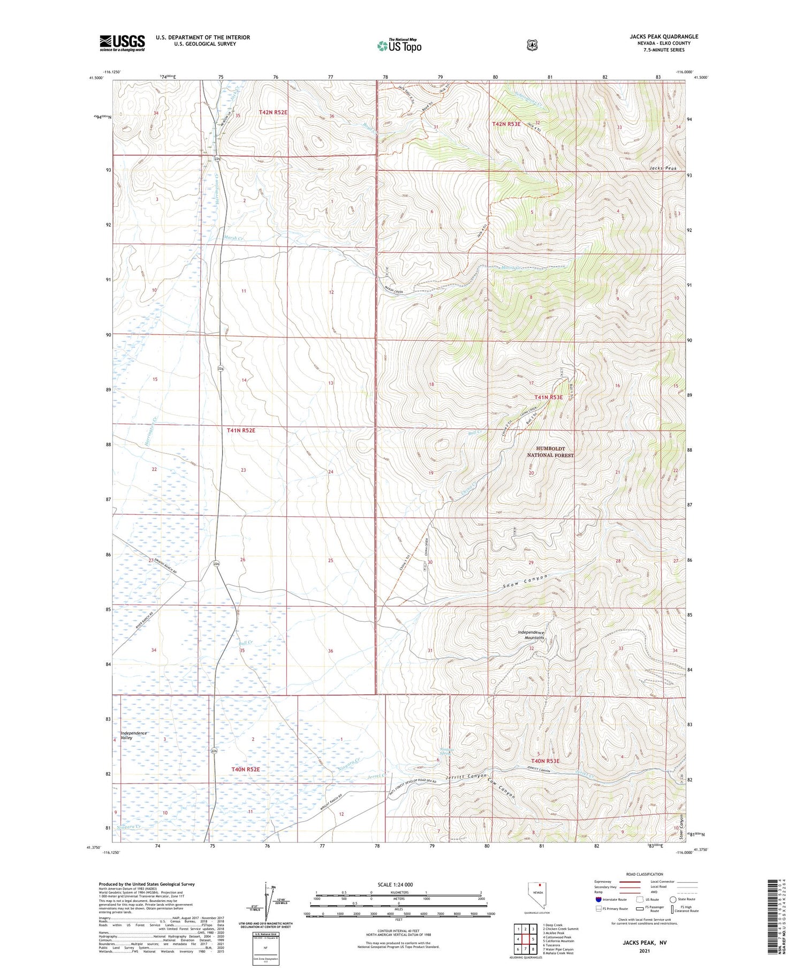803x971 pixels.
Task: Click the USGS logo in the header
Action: (x=122, y=43)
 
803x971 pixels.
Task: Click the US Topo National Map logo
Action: (x=399, y=46)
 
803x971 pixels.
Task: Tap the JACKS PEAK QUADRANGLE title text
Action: (x=664, y=36)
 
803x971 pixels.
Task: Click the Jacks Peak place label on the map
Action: (x=663, y=168)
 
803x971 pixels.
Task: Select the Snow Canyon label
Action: (x=525, y=582)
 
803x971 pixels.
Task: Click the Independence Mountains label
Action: (x=531, y=635)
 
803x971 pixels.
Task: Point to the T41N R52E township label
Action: (x=241, y=430)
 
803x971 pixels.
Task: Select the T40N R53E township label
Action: (x=545, y=761)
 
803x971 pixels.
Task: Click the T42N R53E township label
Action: (x=506, y=124)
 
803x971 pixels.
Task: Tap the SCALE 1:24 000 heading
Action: (x=395, y=884)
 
